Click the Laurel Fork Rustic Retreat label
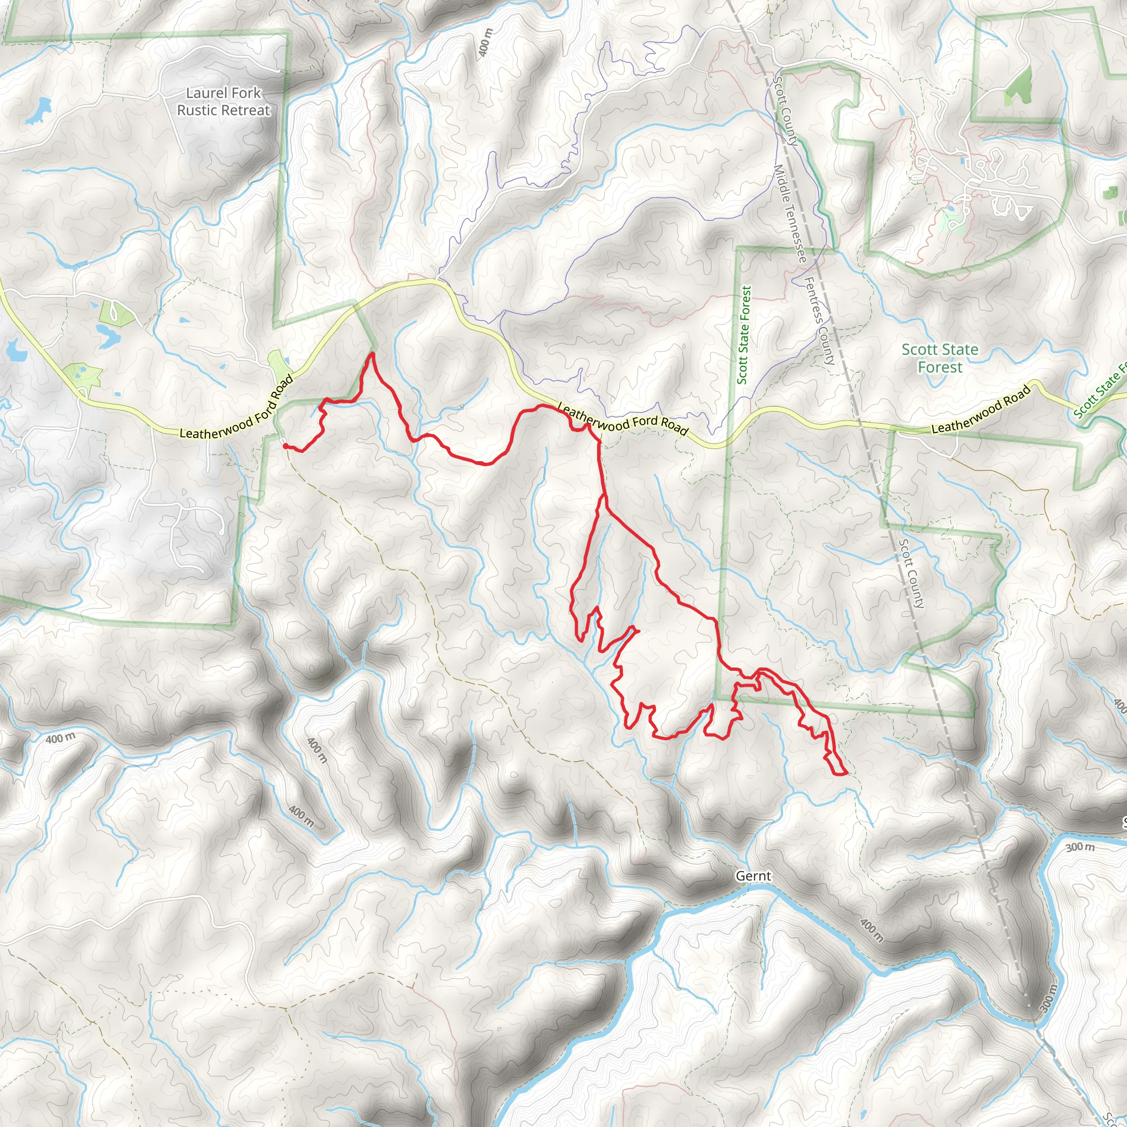point(224,101)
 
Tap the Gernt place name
point(753,876)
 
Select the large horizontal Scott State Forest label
point(940,358)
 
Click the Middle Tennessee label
point(790,214)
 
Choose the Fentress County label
point(819,320)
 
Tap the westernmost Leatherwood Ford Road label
point(236,408)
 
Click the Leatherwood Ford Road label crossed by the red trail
point(622,418)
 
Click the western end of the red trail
point(285,446)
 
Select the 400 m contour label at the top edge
point(485,42)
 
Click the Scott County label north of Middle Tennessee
point(785,111)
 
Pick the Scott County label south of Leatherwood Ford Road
point(911,573)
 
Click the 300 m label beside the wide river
point(1080,846)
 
